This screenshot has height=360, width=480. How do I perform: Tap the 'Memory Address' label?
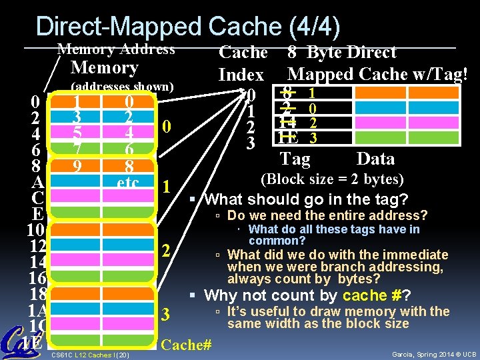(x=117, y=49)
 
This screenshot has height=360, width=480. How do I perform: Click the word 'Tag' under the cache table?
(x=295, y=159)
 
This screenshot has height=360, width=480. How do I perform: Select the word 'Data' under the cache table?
(x=375, y=159)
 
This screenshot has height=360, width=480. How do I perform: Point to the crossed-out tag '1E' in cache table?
(x=288, y=138)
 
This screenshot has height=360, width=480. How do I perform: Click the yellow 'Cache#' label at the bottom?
(x=187, y=345)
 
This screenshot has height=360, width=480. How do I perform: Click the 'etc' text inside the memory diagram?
(x=127, y=182)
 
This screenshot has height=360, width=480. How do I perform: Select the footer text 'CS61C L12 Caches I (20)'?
(x=90, y=353)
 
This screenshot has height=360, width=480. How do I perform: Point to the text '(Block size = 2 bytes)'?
(x=331, y=180)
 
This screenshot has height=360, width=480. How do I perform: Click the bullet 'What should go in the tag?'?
(x=305, y=199)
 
